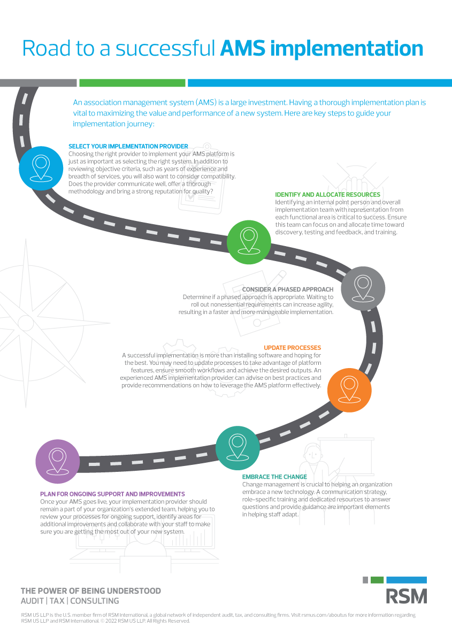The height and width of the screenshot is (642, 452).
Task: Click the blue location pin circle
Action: (41, 168)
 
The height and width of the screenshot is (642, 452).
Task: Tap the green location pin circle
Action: (249, 241)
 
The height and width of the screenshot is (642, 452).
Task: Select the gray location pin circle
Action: (363, 288)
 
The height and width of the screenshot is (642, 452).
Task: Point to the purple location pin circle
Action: (58, 462)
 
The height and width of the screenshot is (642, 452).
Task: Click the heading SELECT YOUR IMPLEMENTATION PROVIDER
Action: (128, 146)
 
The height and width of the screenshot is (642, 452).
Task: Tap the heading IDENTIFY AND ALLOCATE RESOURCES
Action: (327, 195)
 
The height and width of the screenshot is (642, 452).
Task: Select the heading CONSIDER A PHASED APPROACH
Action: (288, 289)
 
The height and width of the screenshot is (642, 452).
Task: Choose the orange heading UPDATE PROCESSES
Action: (293, 348)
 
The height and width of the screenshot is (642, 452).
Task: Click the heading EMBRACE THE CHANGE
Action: (274, 477)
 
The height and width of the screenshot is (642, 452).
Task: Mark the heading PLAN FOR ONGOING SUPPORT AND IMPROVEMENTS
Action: (113, 494)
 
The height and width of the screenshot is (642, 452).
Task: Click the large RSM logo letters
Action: (407, 596)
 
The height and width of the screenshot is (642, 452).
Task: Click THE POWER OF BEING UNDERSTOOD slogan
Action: (90, 591)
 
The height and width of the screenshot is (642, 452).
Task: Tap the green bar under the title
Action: (132, 83)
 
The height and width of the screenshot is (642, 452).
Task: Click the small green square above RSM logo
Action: (377, 579)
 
